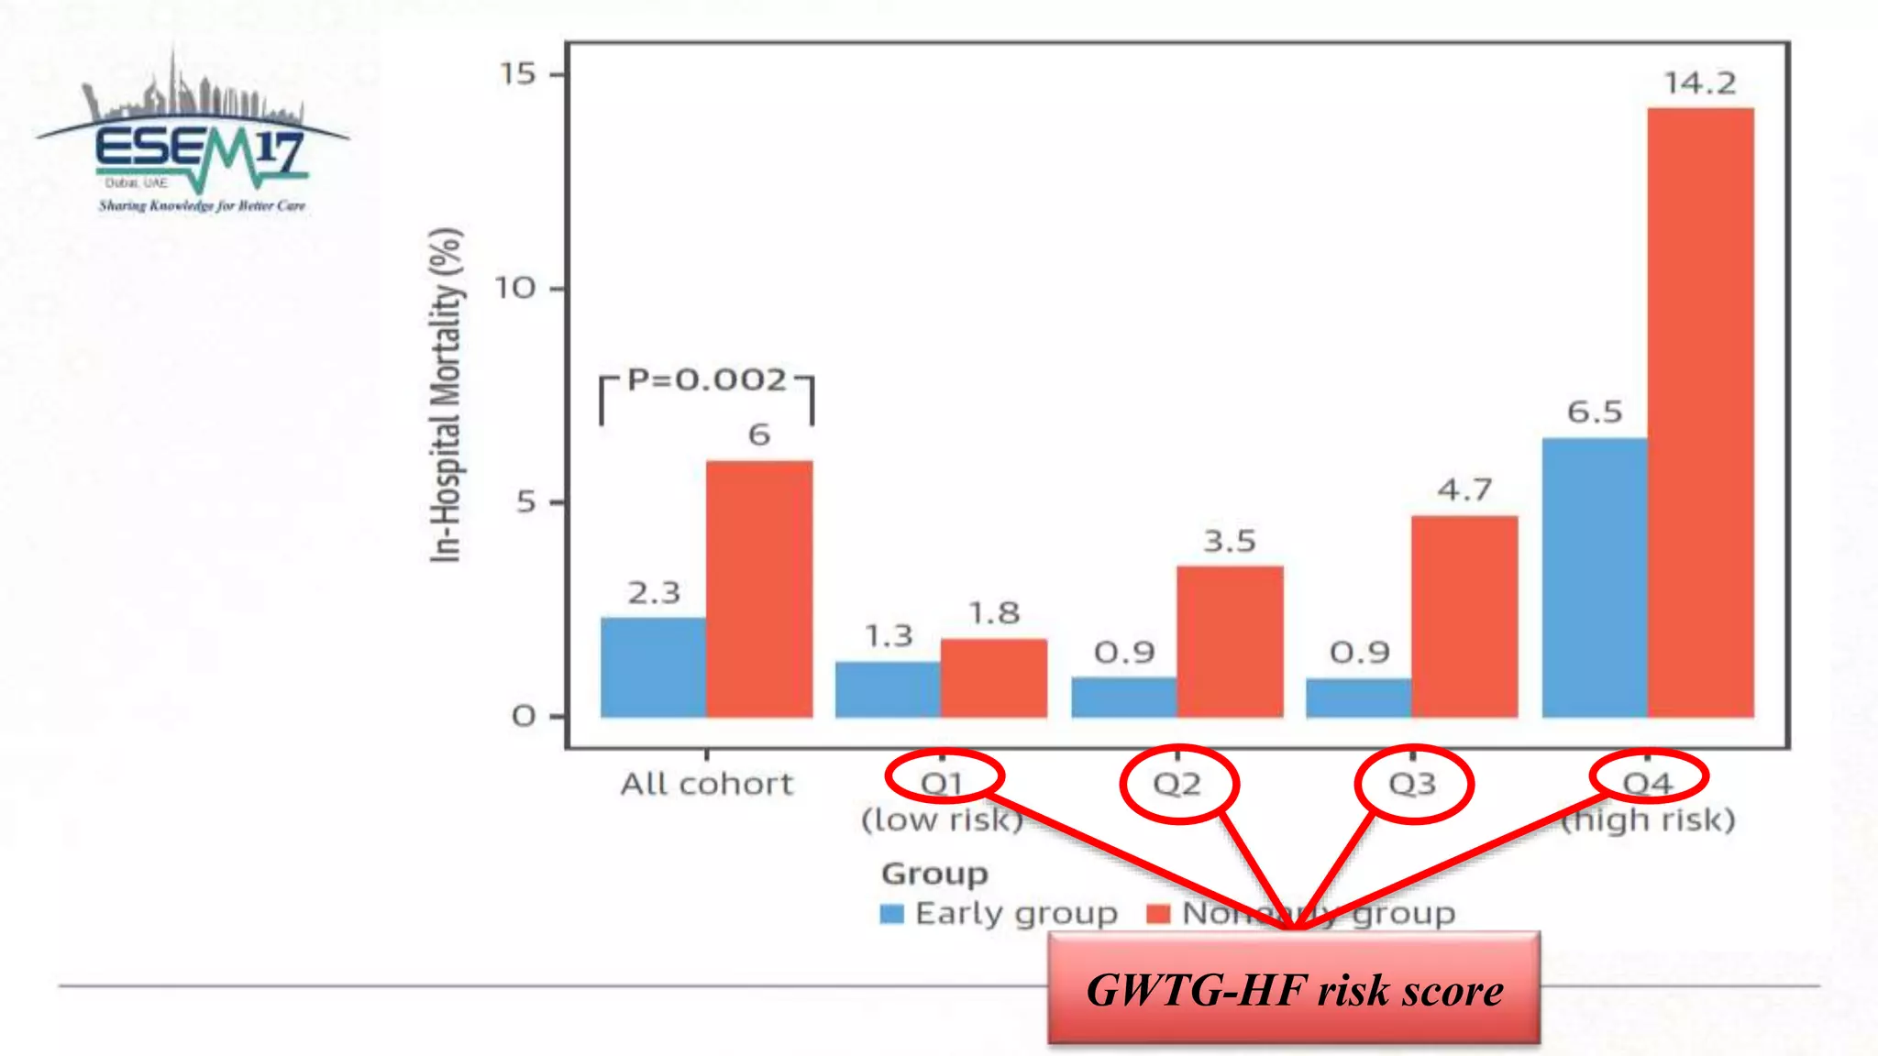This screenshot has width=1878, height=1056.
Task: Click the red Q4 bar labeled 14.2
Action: (x=1700, y=412)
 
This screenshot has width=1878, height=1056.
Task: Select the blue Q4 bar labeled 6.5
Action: (x=1595, y=577)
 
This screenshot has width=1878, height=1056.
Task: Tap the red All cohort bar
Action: (x=758, y=588)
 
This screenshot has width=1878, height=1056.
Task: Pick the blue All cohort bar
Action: (x=653, y=667)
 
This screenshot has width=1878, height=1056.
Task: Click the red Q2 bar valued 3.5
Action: (x=1230, y=642)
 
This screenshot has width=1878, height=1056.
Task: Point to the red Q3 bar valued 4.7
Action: (x=1464, y=616)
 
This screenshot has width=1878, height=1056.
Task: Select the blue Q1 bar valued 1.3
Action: (x=888, y=689)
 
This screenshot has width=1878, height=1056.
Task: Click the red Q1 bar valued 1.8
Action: (x=993, y=678)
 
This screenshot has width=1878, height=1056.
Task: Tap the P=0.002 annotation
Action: (x=707, y=379)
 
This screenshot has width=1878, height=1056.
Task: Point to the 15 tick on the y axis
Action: (x=518, y=74)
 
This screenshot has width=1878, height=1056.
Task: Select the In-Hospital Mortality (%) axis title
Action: (x=446, y=394)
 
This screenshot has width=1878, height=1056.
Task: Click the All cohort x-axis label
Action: (x=706, y=785)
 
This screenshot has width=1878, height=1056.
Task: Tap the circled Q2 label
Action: (x=1177, y=785)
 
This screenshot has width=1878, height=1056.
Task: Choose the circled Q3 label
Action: (x=1412, y=785)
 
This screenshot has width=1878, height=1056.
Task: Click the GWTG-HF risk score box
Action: (x=1294, y=990)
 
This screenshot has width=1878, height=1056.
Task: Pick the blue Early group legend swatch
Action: (x=891, y=914)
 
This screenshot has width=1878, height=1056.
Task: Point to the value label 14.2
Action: (x=1700, y=83)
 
